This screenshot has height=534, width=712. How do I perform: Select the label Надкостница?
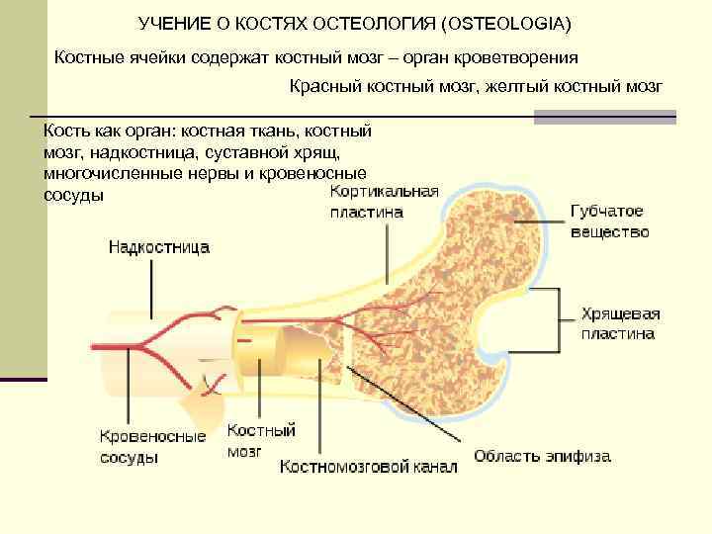tap(158, 248)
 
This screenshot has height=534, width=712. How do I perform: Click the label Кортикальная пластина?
tap(384, 202)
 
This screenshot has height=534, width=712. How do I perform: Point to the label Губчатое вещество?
tap(610, 222)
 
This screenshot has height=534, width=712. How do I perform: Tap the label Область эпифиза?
tap(542, 457)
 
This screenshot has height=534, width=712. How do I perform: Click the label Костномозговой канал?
tap(369, 466)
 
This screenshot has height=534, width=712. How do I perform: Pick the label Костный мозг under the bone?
tap(261, 440)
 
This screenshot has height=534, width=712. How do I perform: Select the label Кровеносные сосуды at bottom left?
tap(152, 446)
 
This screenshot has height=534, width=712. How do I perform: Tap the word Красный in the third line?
tap(322, 87)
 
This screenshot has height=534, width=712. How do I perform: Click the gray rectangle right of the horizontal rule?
tap(604, 117)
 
